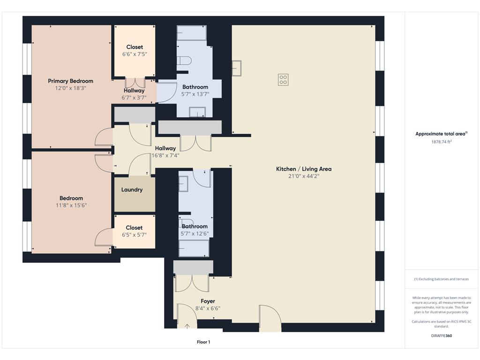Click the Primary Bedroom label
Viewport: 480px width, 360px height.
pos(70,81)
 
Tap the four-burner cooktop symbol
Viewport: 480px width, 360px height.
pos(283,80)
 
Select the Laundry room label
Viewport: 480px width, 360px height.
pos(132,190)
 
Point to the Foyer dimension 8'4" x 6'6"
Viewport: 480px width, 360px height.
pos(208,308)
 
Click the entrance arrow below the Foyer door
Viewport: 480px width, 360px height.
pos(187,326)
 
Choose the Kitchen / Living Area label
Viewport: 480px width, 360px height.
pos(304,169)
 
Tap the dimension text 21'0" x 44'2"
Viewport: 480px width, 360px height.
pos(304,176)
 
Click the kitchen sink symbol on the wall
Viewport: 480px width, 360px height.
pos(237,68)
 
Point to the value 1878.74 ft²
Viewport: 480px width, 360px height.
pos(442,142)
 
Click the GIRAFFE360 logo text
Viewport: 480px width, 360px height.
pos(442,336)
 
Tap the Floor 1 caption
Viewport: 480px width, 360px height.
pos(203,342)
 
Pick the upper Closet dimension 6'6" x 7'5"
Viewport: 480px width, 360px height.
pos(135,54)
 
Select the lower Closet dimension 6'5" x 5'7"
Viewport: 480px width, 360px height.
pos(134,235)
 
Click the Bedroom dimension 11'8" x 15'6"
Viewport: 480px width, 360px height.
pos(71,205)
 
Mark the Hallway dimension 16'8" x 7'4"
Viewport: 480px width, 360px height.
pos(165,156)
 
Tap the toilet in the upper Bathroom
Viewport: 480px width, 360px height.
pos(184,60)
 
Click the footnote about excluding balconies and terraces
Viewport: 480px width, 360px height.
pos(442,279)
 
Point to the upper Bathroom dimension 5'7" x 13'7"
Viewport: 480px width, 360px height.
pos(195,94)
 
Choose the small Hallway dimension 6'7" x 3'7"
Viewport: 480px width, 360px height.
pos(134,97)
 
